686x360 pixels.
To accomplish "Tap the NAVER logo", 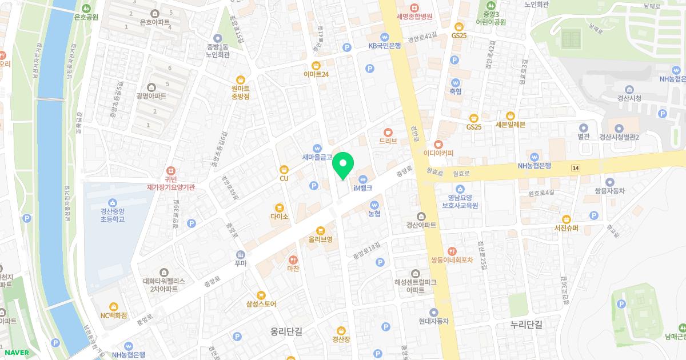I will click(15, 352).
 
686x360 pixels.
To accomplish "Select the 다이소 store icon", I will click(279, 208).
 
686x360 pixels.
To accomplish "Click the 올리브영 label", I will click(320, 239).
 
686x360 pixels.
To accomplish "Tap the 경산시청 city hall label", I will click(629, 98).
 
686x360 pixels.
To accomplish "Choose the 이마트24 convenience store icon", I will click(316, 65).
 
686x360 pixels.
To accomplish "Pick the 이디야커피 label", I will click(438, 153).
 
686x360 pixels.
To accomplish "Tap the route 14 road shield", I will click(575, 167).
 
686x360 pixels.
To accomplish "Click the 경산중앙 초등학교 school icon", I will click(113, 202).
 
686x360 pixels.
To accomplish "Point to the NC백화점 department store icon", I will click(113, 306).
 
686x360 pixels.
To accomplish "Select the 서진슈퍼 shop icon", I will click(567, 219).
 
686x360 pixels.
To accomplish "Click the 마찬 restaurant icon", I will click(293, 259).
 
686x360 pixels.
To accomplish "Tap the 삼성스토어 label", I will click(261, 304).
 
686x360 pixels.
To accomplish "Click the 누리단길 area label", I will click(526, 324).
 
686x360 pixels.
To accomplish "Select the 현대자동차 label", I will click(434, 321).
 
